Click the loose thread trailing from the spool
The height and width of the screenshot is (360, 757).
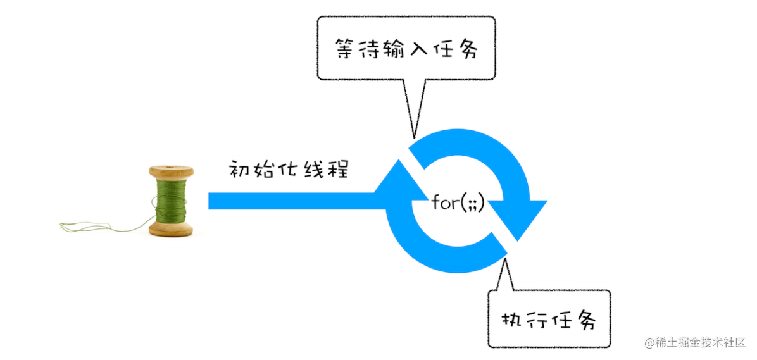(x=101, y=226)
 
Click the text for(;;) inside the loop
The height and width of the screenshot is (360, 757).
(x=458, y=202)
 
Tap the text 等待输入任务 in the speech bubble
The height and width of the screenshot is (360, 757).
(x=406, y=49)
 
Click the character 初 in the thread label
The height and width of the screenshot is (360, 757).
(x=239, y=170)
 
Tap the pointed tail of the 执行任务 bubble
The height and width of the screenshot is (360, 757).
(x=504, y=275)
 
